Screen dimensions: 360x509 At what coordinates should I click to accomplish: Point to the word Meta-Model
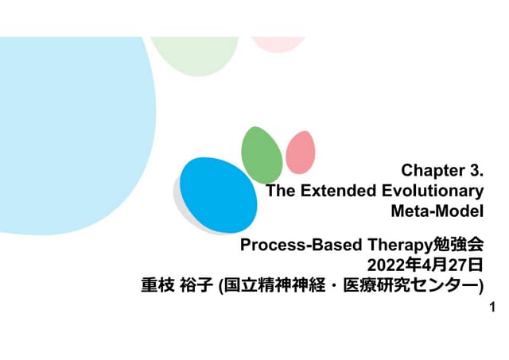pos(437,211)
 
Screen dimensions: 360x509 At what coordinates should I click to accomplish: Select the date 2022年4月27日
pos(424,264)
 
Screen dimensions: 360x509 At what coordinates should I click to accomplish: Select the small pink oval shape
pos(301,151)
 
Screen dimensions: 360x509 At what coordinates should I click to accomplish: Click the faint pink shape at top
pos(278,43)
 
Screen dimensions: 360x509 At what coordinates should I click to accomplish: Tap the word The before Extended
pos(280,191)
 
